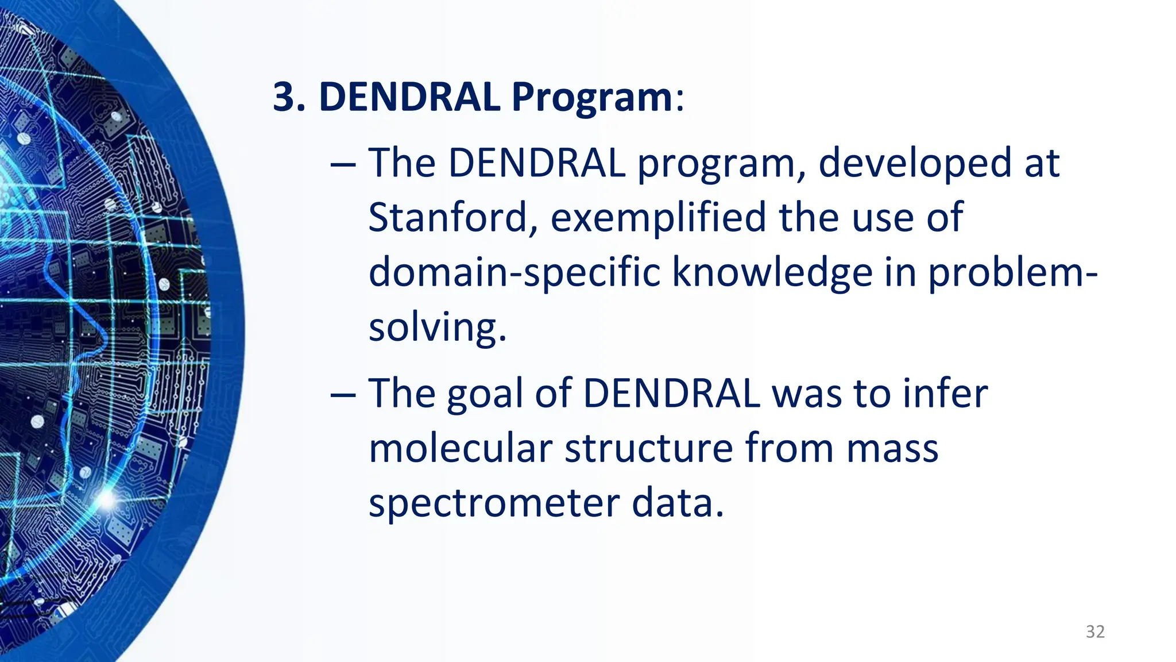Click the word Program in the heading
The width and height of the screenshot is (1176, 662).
pyautogui.click(x=591, y=97)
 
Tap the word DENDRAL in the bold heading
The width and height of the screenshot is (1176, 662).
pyautogui.click(x=409, y=97)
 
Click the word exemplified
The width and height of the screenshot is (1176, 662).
pyautogui.click(x=658, y=218)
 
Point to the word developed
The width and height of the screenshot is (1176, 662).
pyautogui.click(x=915, y=163)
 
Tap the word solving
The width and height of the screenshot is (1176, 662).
pyautogui.click(x=436, y=327)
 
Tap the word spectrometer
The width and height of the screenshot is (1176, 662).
pyautogui.click(x=493, y=503)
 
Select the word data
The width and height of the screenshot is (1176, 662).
pyautogui.click(x=678, y=502)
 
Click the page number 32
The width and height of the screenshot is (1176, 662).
pyautogui.click(x=1095, y=632)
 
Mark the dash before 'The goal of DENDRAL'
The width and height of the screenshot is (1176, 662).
pyautogui.click(x=343, y=395)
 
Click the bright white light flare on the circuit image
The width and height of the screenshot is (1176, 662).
pyautogui.click(x=106, y=499)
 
